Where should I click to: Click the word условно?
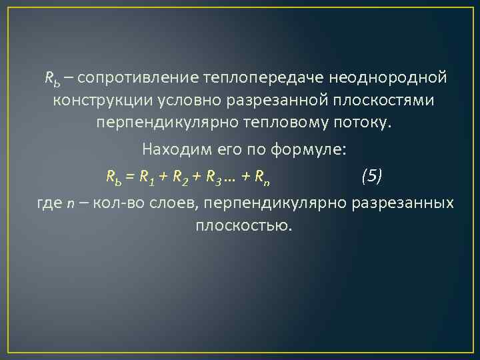(182, 102)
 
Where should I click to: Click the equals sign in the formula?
(129, 177)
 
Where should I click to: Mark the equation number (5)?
(371, 175)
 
